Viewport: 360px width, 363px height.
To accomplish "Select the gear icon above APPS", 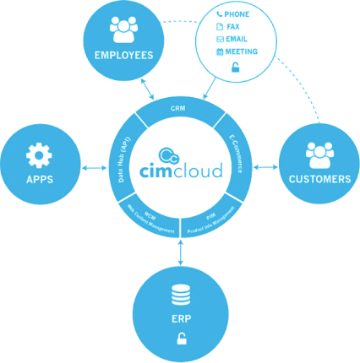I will point(40,155).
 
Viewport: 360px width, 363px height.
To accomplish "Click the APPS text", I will point(40,180).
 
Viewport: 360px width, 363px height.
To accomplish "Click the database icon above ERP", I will point(180,295).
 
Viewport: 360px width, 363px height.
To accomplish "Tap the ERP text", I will point(180,321).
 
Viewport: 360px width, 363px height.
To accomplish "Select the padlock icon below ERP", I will point(180,340).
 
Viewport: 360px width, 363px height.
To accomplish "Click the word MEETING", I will point(243,51).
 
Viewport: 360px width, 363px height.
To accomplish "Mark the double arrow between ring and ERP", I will point(180,250).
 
